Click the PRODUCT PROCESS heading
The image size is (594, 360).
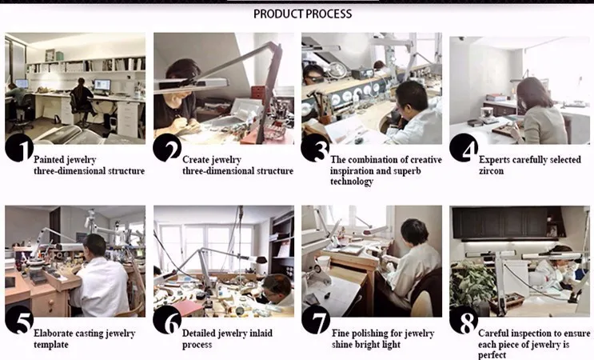(x=302, y=14)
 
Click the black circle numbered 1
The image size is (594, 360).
(x=19, y=150)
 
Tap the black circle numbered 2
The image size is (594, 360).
(x=167, y=150)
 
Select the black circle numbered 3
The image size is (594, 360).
(x=315, y=150)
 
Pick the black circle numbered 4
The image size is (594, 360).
(x=464, y=150)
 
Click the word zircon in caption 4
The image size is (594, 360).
(x=491, y=171)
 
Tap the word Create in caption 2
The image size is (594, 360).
(x=197, y=160)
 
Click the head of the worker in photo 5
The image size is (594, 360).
(x=95, y=244)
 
